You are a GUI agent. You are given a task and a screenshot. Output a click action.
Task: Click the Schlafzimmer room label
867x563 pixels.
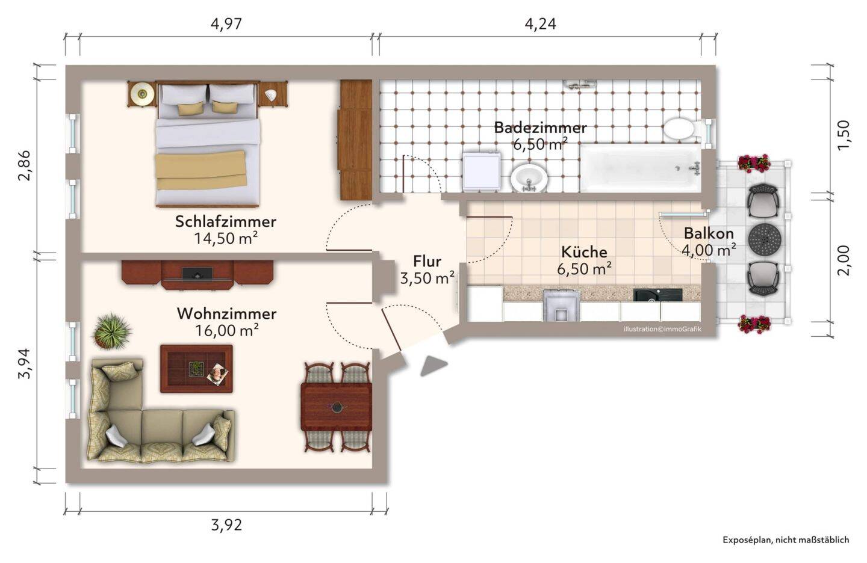(226, 221)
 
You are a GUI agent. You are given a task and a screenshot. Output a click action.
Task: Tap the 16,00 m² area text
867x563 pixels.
(227, 331)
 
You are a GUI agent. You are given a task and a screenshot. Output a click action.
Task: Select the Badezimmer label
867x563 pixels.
(540, 128)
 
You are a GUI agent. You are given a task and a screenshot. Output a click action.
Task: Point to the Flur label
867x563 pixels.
(427, 262)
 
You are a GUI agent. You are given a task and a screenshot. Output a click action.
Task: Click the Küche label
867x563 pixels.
(584, 252)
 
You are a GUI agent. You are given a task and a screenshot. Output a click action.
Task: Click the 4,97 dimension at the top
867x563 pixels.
(226, 24)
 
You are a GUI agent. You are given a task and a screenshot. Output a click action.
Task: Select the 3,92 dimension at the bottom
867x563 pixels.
(226, 525)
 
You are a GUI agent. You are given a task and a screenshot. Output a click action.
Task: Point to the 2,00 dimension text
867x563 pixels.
(844, 260)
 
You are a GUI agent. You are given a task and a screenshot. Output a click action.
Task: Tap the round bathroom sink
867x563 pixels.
(529, 178)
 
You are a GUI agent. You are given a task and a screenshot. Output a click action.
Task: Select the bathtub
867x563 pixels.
(641, 168)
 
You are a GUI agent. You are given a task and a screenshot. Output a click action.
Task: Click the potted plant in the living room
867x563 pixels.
(112, 331)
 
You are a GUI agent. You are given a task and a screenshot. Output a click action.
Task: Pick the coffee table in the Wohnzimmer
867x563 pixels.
(196, 369)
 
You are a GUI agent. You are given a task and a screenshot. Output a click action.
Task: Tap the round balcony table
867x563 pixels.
(765, 239)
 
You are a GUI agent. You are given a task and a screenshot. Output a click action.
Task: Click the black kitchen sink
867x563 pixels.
(657, 295)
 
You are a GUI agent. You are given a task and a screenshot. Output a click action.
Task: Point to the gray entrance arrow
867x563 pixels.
(433, 366)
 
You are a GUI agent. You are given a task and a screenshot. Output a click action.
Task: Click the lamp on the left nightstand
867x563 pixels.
(143, 94)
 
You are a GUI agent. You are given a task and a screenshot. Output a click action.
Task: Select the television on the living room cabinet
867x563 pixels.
(197, 274)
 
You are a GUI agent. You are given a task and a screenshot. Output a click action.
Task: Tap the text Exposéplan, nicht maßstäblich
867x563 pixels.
(786, 540)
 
